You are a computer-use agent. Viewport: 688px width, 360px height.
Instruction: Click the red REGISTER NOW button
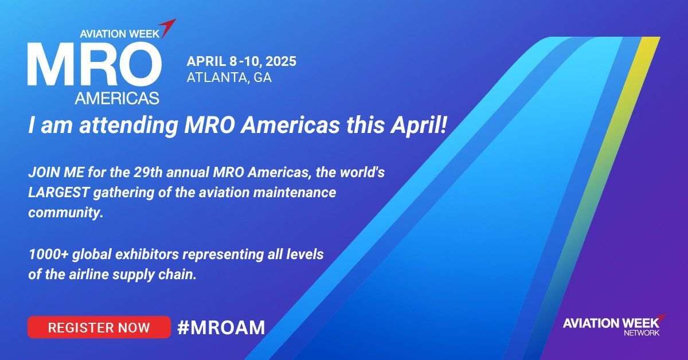(x=99, y=327)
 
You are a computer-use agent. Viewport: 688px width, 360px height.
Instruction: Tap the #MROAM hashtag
(x=221, y=327)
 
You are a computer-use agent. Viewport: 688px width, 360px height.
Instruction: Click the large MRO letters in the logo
(x=93, y=64)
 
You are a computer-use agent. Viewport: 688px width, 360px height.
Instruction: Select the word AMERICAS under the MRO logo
(x=117, y=98)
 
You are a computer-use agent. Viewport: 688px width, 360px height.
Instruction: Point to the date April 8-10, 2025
(x=241, y=61)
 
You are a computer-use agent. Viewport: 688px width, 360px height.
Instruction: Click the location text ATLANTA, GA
(x=229, y=77)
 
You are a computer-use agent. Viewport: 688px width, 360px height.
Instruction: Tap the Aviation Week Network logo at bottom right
(x=613, y=324)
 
